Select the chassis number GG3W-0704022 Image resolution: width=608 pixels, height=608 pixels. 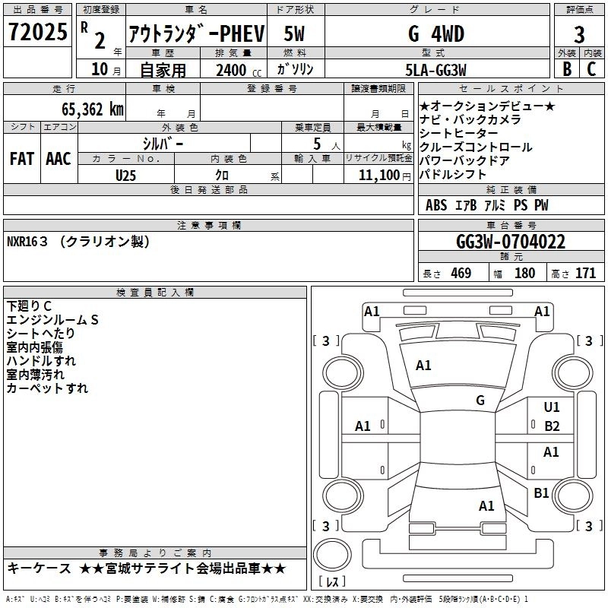[511, 242]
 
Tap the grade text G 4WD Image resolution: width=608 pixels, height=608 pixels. [435, 34]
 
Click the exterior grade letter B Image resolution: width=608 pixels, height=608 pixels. [566, 68]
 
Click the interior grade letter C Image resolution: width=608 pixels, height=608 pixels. [591, 68]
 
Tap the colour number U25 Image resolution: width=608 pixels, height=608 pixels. [126, 175]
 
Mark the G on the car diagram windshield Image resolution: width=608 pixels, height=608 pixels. [480, 401]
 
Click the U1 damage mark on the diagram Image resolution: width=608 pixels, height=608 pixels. [552, 407]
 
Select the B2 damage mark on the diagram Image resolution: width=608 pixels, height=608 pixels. [552, 426]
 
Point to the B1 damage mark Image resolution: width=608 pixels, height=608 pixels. [541, 493]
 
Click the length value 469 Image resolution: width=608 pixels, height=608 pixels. [460, 273]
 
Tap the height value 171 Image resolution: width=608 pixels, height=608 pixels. [585, 273]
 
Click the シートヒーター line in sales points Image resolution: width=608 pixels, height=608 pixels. [459, 133]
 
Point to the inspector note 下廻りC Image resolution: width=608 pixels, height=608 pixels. [30, 306]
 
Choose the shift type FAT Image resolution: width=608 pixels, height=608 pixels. [21, 159]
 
